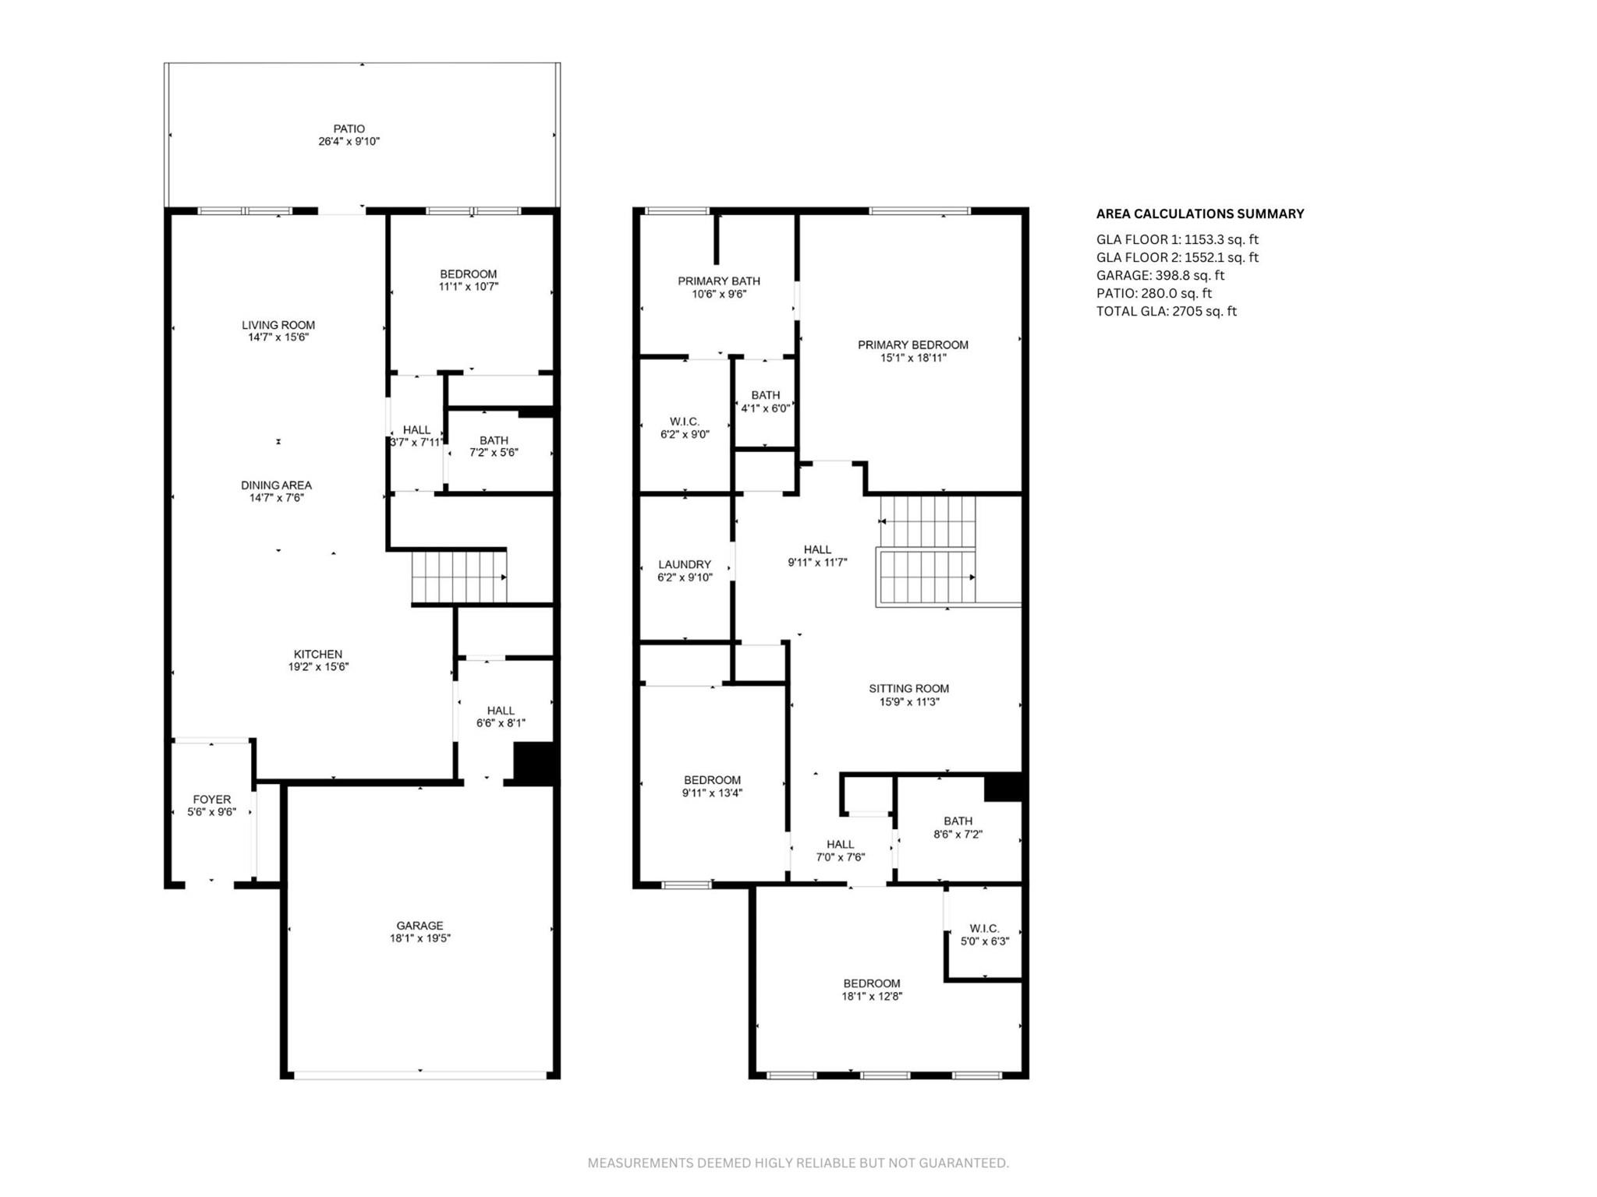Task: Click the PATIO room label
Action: [349, 129]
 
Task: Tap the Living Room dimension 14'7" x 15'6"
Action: [278, 337]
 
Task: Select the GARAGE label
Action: [420, 926]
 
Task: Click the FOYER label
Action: [211, 800]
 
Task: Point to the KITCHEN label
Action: [317, 655]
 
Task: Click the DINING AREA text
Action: [276, 486]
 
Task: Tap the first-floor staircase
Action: [459, 577]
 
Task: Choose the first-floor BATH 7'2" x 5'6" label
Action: [494, 441]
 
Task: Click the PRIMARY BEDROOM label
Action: [912, 345]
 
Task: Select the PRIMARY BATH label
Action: [718, 281]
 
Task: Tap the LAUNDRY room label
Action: [685, 565]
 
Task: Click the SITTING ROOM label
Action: [908, 689]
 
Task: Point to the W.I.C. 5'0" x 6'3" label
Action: [984, 929]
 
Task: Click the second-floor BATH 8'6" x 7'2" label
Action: [958, 821]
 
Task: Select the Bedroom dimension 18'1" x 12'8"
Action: [871, 996]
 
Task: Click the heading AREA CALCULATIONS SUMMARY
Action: [1200, 214]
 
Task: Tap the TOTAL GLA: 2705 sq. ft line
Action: [1166, 311]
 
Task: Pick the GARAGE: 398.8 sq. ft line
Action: [1160, 275]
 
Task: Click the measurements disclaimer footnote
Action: [798, 1163]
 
